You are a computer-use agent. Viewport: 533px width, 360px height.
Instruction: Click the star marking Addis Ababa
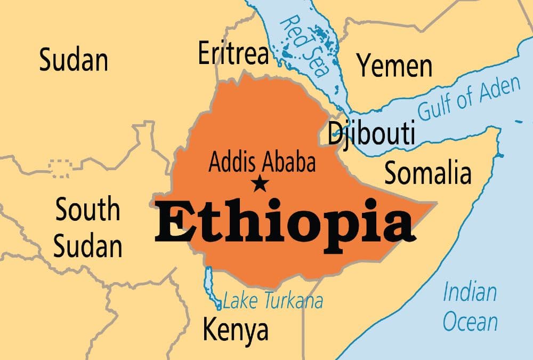pyautogui.click(x=260, y=185)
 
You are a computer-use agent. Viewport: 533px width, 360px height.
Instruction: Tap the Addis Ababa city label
pyautogui.click(x=262, y=163)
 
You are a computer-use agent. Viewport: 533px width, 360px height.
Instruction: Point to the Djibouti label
pyautogui.click(x=371, y=133)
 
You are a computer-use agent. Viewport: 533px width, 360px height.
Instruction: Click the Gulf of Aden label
pyautogui.click(x=469, y=99)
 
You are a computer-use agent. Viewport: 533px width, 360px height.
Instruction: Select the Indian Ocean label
pyautogui.click(x=470, y=307)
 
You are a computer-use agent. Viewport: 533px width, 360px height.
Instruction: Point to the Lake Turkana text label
pyautogui.click(x=273, y=301)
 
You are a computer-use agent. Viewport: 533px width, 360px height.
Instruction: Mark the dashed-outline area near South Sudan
pyautogui.click(x=58, y=167)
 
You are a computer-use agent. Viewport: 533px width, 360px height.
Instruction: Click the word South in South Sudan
pyautogui.click(x=88, y=210)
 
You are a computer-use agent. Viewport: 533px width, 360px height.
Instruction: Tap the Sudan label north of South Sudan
pyautogui.click(x=74, y=60)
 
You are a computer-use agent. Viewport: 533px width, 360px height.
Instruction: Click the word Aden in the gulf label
pyautogui.click(x=498, y=89)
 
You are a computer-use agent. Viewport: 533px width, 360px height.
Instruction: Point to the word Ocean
pyautogui.click(x=470, y=322)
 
